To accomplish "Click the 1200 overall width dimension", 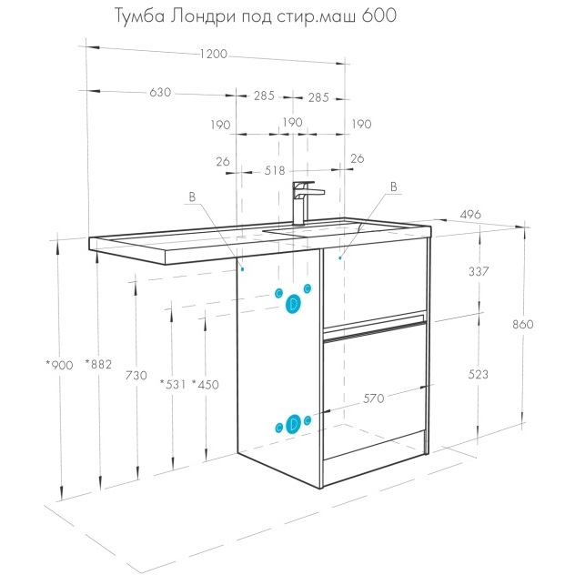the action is point(214,54).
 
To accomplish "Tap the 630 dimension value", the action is point(160,92).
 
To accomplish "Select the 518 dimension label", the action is point(275,170).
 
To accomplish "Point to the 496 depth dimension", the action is point(470,214).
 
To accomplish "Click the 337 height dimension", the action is point(479,271).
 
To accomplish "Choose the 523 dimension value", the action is point(479,375).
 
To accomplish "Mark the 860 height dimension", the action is point(523,324).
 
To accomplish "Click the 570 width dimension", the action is point(373,398).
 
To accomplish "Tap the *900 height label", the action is point(59,365).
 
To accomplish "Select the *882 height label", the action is point(98,364).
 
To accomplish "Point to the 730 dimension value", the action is point(136,375).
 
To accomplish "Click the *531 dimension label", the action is point(173,384).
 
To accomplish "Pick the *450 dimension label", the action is point(206,384).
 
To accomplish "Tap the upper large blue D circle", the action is point(293,304).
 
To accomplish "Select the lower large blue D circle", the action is point(293,424).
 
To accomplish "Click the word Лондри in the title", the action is point(203,16).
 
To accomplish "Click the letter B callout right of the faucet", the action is point(393,187).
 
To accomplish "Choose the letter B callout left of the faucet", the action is point(192,197).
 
